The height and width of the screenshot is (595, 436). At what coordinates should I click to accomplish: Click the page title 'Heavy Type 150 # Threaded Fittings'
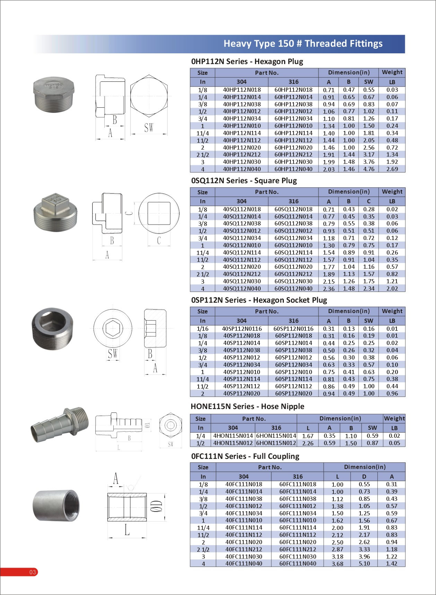point(303,44)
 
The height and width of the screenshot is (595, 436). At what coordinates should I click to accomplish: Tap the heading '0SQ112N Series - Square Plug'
point(244,180)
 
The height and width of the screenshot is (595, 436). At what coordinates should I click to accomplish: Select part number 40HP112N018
point(242,90)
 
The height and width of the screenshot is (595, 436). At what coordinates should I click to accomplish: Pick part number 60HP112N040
point(293,169)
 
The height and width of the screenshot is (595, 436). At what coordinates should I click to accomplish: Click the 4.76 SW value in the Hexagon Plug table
point(368,169)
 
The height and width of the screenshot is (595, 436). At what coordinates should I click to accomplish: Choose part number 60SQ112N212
point(293,274)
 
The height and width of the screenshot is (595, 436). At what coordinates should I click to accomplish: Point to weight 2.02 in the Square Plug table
point(392,288)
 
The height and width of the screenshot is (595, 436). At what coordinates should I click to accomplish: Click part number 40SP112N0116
point(242,329)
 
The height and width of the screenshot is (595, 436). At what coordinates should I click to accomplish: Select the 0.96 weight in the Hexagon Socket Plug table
point(392,393)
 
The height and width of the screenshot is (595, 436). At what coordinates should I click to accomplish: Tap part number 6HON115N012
point(276,443)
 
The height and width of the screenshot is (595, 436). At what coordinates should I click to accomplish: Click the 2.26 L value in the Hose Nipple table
point(308,443)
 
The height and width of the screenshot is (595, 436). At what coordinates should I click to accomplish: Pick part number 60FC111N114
point(297,527)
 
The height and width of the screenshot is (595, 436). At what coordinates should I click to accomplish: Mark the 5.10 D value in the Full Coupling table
point(364,563)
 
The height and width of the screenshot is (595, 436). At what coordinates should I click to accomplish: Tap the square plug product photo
point(55,212)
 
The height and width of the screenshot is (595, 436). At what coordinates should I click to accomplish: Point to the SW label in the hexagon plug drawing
point(149,128)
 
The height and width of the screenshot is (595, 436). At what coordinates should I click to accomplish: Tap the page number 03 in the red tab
point(33,572)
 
